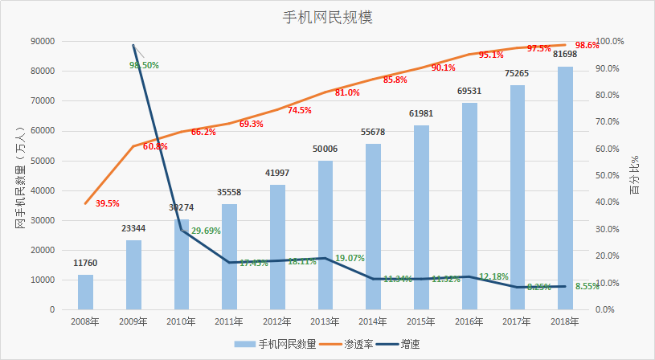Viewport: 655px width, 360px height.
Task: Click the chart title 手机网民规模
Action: coord(327,17)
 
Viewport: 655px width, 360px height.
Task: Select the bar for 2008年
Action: coord(85,292)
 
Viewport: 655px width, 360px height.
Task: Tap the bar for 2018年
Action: coord(566,189)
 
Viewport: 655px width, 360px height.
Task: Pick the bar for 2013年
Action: coord(325,235)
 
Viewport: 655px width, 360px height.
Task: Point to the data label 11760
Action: coord(86,263)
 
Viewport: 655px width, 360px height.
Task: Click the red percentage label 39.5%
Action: coord(107,204)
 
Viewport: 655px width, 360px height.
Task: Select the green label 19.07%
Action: coord(349,258)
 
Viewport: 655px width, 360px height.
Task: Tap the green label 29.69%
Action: coord(206,231)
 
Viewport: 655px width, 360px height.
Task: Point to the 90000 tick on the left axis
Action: coord(41,41)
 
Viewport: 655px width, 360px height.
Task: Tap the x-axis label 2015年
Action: coord(421,321)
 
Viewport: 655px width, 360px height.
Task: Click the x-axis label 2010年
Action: coord(181,321)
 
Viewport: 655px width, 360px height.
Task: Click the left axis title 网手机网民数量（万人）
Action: coord(20,176)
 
